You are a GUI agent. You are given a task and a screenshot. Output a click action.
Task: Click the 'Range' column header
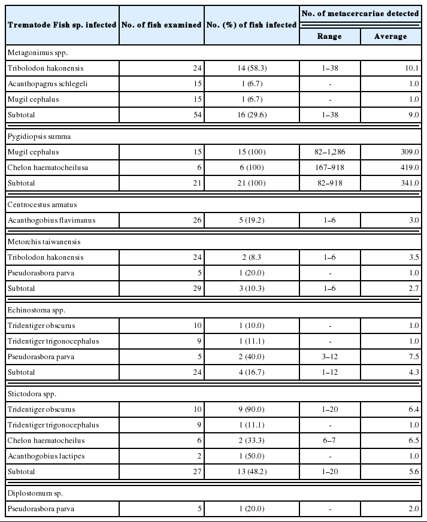[329, 37]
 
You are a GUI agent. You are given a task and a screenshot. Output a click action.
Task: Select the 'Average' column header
[390, 37]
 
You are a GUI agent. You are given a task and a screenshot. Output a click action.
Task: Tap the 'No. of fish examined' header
[161, 25]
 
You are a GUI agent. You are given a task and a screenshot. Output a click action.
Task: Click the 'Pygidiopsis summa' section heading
[36, 136]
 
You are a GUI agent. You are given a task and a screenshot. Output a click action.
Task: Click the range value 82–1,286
[329, 152]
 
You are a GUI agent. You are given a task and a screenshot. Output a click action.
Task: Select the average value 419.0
[407, 168]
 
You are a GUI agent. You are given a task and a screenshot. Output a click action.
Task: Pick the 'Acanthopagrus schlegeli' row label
[47, 84]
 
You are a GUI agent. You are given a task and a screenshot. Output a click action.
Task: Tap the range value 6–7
[329, 441]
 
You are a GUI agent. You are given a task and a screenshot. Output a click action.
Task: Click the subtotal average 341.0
[407, 183]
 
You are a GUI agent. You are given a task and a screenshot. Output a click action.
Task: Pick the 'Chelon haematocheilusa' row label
[47, 168]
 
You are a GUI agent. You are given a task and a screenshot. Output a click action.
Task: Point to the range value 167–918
[329, 168]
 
